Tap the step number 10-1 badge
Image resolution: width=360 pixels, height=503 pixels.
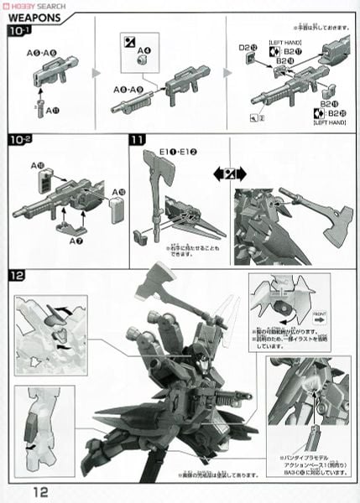pyautogui.click(x=20, y=34)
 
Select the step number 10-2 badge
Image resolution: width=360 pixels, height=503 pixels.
pyautogui.click(x=20, y=139)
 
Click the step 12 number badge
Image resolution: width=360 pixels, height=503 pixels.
pyautogui.click(x=18, y=275)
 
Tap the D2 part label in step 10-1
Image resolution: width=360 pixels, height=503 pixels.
pyautogui.click(x=246, y=49)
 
